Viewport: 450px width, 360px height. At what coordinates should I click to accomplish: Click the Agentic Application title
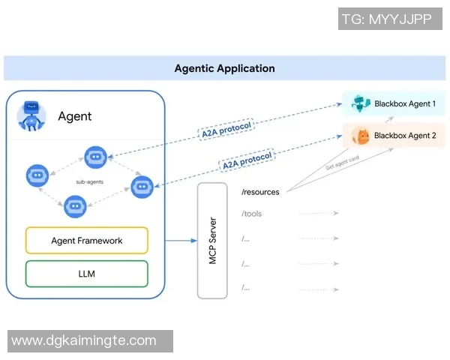pyautogui.click(x=224, y=68)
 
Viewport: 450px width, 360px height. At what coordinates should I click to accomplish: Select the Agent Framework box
pyautogui.click(x=87, y=241)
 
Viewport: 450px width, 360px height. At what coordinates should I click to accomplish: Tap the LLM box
pyautogui.click(x=87, y=274)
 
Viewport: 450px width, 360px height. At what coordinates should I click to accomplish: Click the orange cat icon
pyautogui.click(x=361, y=136)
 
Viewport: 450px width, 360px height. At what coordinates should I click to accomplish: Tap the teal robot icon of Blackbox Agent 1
pyautogui.click(x=361, y=103)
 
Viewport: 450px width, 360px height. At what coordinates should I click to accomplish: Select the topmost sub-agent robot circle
pyautogui.click(x=94, y=157)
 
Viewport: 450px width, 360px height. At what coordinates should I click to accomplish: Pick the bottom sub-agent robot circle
pyautogui.click(x=74, y=205)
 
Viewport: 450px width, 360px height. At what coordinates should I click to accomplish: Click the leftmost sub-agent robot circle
pyautogui.click(x=37, y=175)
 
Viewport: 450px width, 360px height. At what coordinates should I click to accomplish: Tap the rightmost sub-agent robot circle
pyautogui.click(x=142, y=186)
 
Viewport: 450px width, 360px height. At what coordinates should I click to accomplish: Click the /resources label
pyautogui.click(x=260, y=192)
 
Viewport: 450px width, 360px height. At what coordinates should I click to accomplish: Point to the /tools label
pyautogui.click(x=252, y=214)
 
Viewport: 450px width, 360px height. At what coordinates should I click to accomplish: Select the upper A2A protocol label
pyautogui.click(x=226, y=129)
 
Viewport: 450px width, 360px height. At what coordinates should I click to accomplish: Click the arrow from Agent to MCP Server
pyautogui.click(x=179, y=241)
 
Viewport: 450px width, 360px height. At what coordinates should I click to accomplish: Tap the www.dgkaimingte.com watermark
pyautogui.click(x=84, y=340)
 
